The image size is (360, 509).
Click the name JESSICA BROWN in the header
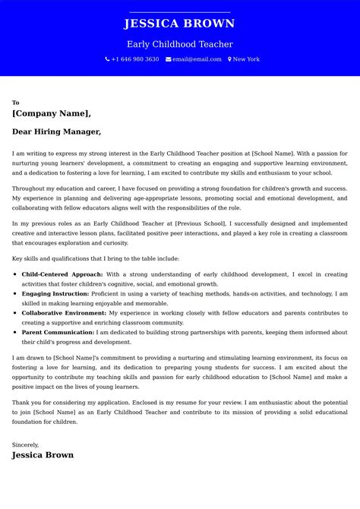point(179,24)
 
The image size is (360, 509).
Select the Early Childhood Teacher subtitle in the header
point(179,44)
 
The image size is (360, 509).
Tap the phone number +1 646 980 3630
point(135,59)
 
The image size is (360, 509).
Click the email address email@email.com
point(197,59)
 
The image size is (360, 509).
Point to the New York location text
point(246,59)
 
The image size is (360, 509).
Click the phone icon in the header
point(107,59)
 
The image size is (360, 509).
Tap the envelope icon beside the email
point(168,59)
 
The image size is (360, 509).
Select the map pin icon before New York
point(229,59)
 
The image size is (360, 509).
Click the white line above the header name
point(179,12)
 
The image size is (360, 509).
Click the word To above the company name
point(15,103)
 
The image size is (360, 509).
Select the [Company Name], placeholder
point(51,113)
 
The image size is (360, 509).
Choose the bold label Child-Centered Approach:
point(62,274)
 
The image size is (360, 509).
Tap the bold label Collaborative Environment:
point(64,312)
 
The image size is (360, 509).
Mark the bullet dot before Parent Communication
point(15,332)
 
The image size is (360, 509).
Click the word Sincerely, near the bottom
point(25,444)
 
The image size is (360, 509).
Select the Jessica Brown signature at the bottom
point(43,455)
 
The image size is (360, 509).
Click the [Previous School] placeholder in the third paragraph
point(201,224)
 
